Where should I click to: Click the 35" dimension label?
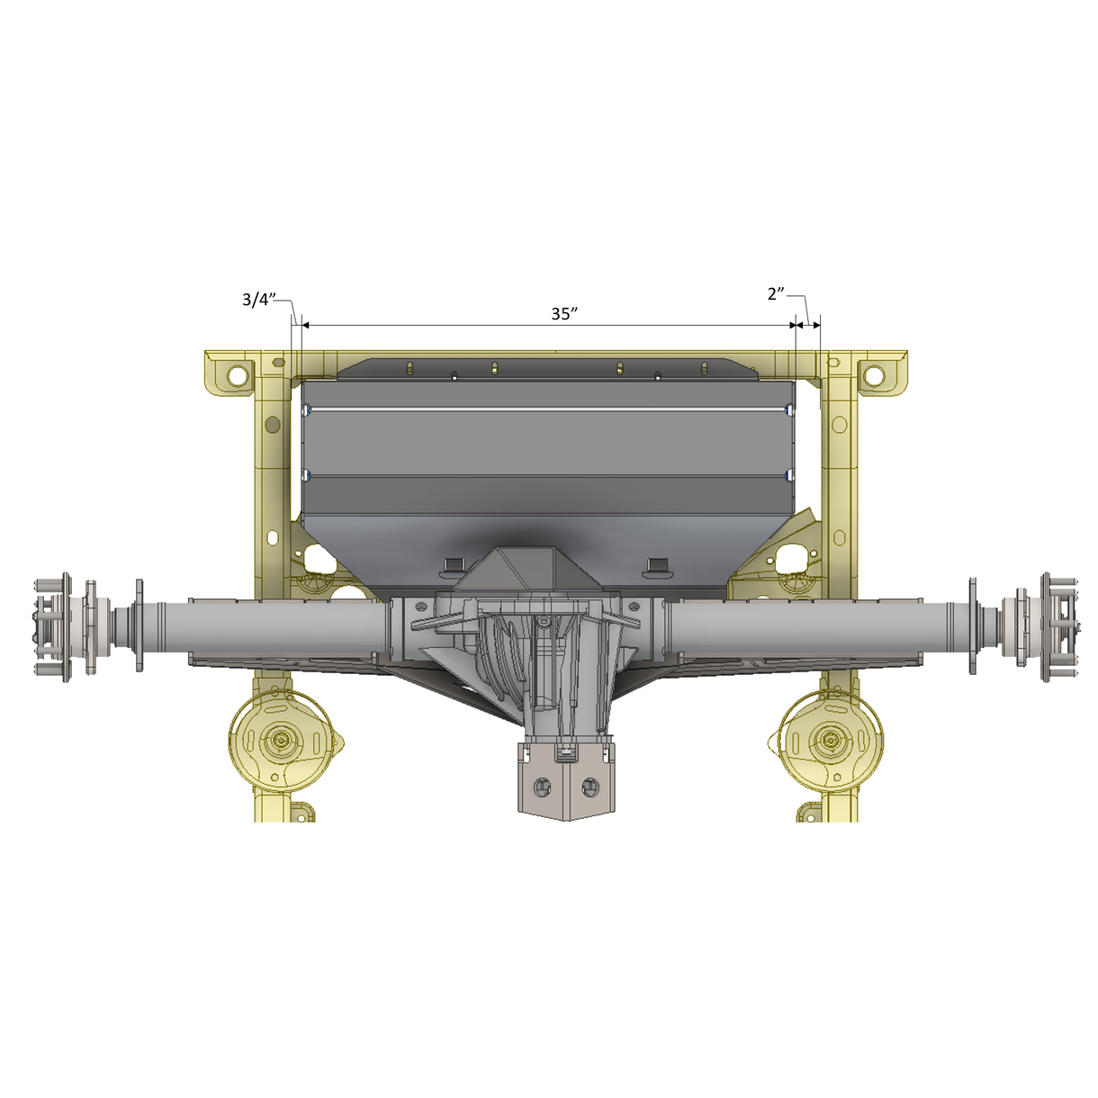coord(563,314)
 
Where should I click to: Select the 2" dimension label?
coord(776,294)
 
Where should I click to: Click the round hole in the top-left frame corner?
coord(237,375)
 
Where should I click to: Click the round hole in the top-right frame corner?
coord(873,374)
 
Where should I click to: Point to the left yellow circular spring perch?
coord(283,741)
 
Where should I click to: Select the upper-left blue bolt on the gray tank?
coord(308,410)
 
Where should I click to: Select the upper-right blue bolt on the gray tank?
coord(789,410)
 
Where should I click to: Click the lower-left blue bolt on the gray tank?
coord(308,474)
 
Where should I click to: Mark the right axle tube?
coord(810,627)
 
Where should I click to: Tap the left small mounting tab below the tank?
coord(453,565)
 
